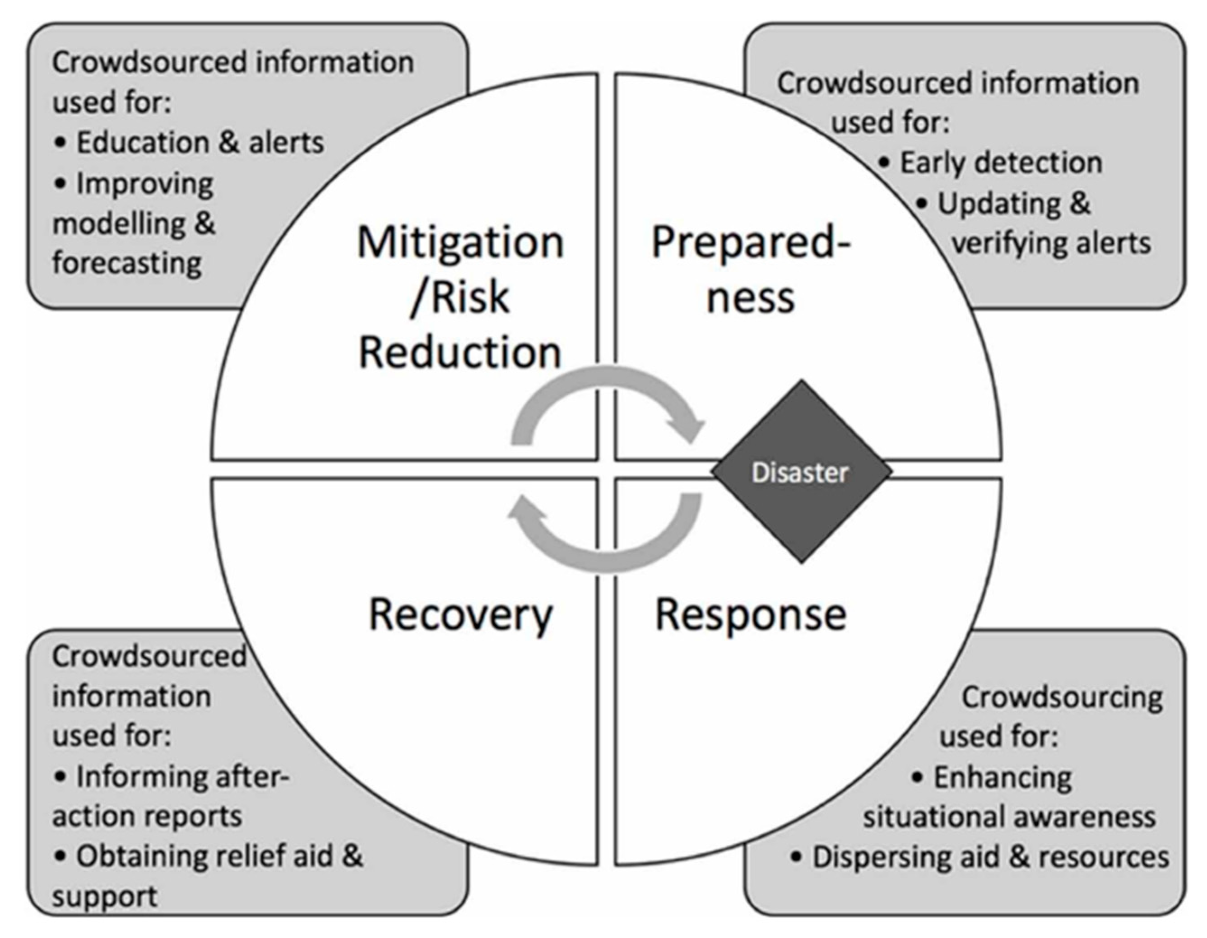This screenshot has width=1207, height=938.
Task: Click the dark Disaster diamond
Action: [x=801, y=472]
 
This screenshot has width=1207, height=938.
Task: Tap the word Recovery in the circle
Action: [x=460, y=615]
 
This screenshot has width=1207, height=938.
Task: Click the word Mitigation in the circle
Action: [x=460, y=242]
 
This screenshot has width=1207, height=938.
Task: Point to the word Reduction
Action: [x=460, y=353]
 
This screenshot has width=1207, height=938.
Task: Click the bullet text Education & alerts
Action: [x=200, y=143]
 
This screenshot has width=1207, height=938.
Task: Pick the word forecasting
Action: [x=127, y=263]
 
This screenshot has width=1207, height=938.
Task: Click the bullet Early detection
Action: [x=1001, y=163]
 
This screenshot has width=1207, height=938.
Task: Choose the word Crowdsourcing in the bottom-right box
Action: [x=1062, y=697]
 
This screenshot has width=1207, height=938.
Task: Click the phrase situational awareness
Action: [x=1009, y=817]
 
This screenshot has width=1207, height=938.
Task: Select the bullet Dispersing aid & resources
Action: [x=990, y=857]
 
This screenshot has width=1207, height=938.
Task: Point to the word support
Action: [x=105, y=896]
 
